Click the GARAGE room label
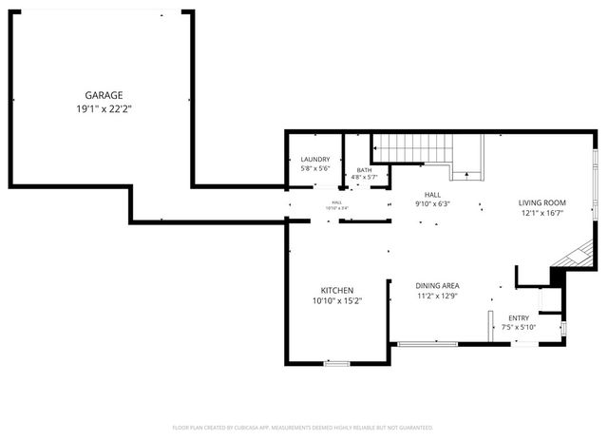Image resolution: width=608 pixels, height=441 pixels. tap(104, 95)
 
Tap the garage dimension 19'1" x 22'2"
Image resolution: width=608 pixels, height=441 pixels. tap(104, 108)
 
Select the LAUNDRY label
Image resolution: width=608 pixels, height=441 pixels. tap(315, 159)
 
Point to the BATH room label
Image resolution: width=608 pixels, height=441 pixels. tap(365, 169)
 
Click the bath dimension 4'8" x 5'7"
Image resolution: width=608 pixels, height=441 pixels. tap(365, 177)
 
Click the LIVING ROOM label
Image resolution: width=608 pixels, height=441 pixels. tap(541, 202)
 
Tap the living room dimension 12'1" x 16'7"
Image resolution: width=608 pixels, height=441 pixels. tap(541, 214)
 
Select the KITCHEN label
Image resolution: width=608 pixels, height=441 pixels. tap(337, 290)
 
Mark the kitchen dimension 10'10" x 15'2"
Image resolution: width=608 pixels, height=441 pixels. tap(337, 301)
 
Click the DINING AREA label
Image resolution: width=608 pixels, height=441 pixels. tap(438, 285)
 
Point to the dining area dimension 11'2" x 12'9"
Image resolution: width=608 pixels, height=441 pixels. tap(438, 297)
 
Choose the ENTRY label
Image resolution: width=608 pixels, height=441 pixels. tap(519, 318)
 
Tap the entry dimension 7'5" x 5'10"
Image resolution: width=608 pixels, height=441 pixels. tap(519, 328)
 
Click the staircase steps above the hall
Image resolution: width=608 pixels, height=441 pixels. tap(410, 148)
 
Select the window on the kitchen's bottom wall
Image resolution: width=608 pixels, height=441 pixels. tap(336, 363)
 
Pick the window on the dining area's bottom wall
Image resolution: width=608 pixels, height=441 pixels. tap(427, 343)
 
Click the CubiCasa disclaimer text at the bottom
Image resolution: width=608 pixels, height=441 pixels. tap(303, 428)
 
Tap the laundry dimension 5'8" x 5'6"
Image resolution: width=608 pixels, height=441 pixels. tap(315, 168)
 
